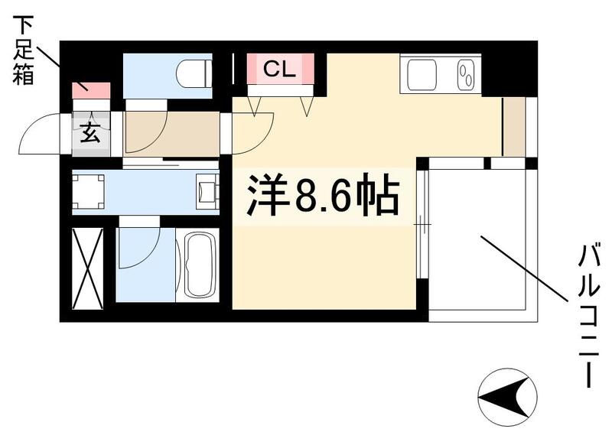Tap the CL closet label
point(279,70)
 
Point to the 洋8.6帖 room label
point(322,197)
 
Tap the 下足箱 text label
point(23,49)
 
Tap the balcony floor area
point(477,237)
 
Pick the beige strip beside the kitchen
point(513,125)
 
